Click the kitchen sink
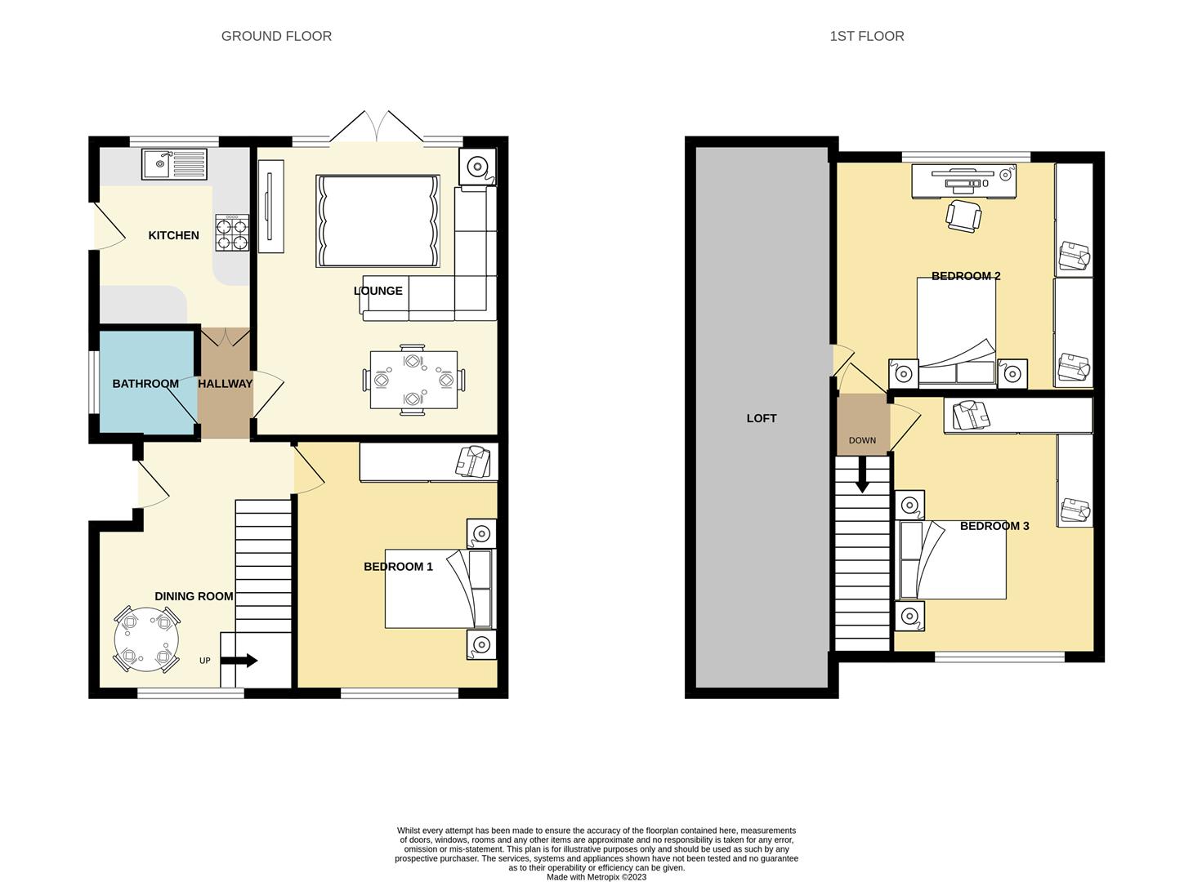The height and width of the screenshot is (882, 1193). pyautogui.click(x=174, y=164)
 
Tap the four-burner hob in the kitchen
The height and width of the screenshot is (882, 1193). pyautogui.click(x=232, y=232)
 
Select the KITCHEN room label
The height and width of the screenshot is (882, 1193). pyautogui.click(x=174, y=235)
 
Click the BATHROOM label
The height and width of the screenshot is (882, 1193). pyautogui.click(x=145, y=384)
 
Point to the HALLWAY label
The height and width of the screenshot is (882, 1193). pyautogui.click(x=226, y=384)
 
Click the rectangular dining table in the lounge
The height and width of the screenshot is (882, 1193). pyautogui.click(x=413, y=380)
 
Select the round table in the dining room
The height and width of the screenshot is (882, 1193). pyautogui.click(x=146, y=639)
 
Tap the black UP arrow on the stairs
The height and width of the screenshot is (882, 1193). pyautogui.click(x=239, y=660)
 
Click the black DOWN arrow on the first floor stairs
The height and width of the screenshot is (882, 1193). pyautogui.click(x=862, y=474)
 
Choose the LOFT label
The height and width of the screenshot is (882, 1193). pyautogui.click(x=761, y=418)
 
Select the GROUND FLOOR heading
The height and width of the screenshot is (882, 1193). pyautogui.click(x=276, y=36)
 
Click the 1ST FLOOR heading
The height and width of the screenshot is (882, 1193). pyautogui.click(x=866, y=36)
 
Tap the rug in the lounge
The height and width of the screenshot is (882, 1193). pyautogui.click(x=378, y=221)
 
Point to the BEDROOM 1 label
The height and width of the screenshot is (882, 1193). pyautogui.click(x=398, y=566)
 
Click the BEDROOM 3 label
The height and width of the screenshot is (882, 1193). pyautogui.click(x=994, y=526)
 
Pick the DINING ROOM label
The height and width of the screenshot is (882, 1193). pyautogui.click(x=194, y=596)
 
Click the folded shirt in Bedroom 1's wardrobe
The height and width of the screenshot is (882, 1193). pyautogui.click(x=473, y=461)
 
